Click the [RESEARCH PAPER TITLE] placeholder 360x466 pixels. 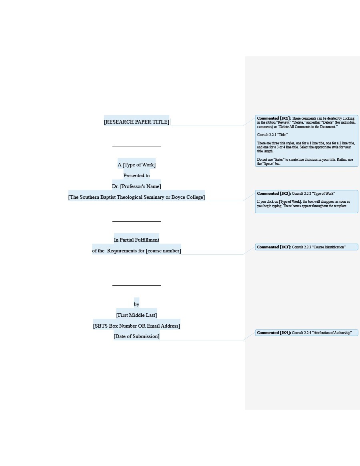[136, 122]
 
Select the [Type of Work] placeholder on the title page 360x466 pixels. [139, 165]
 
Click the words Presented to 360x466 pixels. [136, 175]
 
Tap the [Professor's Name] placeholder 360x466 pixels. [141, 186]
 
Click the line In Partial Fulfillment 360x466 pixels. [136, 240]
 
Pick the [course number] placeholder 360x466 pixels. [164, 251]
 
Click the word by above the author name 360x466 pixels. [136, 304]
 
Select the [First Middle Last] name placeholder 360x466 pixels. [136, 315]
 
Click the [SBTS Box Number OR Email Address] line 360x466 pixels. [136, 326]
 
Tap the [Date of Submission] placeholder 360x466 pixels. [136, 336]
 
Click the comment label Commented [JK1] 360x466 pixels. [274, 118]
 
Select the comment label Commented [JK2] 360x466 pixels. [274, 194]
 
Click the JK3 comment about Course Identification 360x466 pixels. [306, 247]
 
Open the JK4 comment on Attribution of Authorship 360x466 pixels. [306, 332]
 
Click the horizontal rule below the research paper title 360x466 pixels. [136, 146]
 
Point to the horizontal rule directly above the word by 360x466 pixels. [136, 285]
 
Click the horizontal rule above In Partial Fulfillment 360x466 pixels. [136, 222]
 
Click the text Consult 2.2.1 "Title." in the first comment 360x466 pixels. [273, 135]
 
